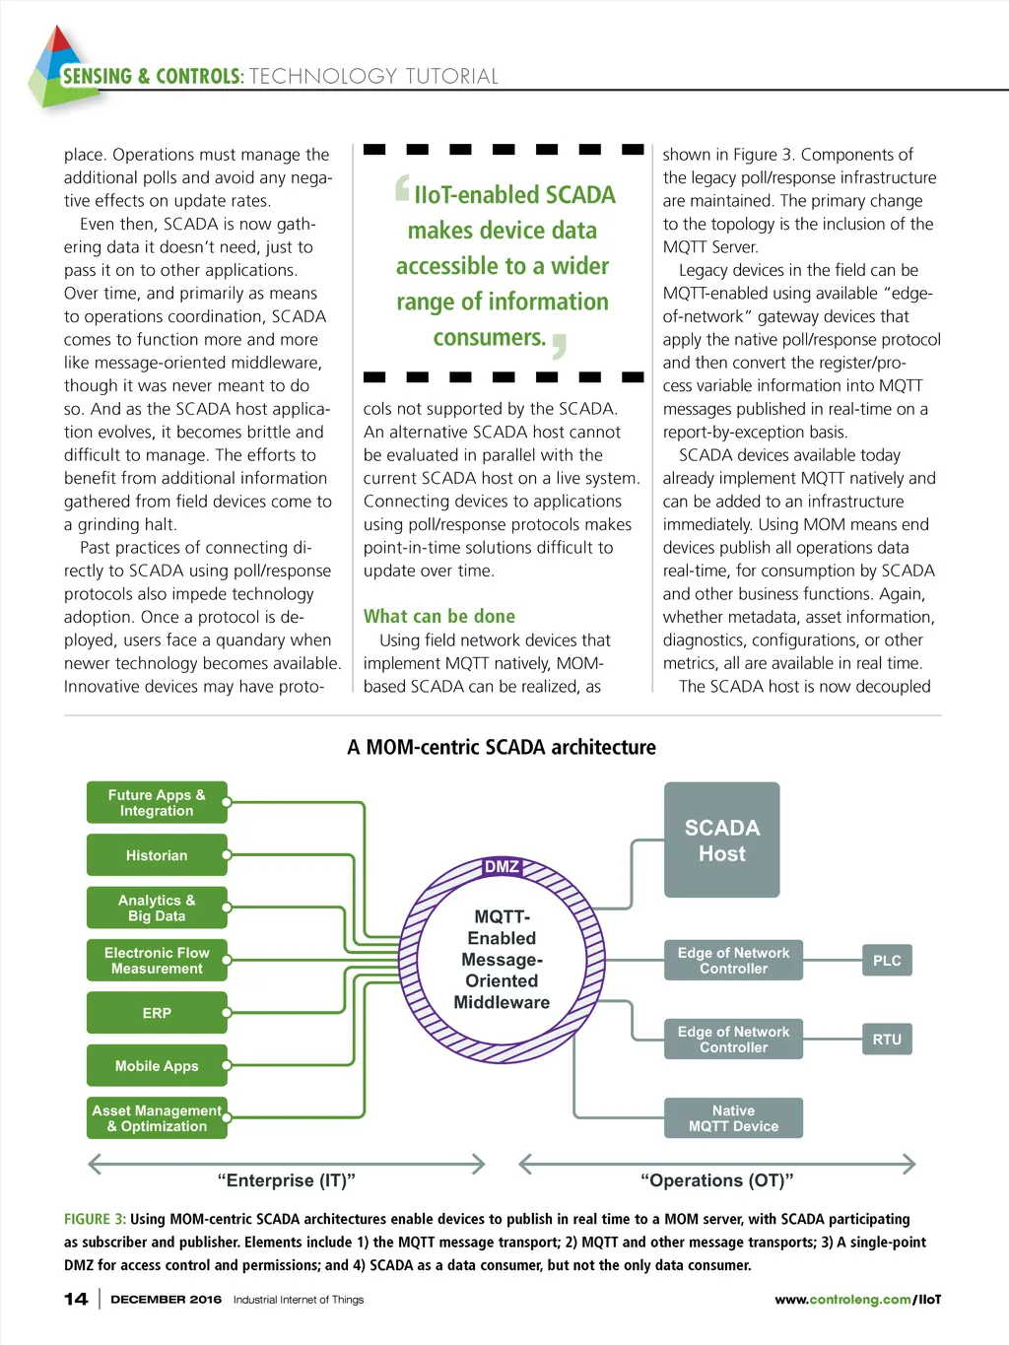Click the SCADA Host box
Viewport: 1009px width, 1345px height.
coord(721,840)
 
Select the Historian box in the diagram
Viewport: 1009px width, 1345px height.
coord(157,855)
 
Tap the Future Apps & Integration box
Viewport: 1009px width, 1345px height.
coord(157,802)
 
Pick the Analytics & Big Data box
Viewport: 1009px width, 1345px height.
coord(157,908)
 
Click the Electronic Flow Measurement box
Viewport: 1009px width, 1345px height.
coord(157,960)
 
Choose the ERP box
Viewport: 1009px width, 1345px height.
coord(157,1013)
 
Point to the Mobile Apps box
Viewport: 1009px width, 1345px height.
coord(157,1065)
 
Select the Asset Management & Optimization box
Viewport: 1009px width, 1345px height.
coord(157,1118)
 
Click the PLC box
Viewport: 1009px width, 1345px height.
coord(887,960)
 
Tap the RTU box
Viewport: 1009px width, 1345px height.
coord(887,1039)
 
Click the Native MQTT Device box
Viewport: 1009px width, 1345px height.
coord(733,1118)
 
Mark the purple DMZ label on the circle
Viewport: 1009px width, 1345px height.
coord(502,867)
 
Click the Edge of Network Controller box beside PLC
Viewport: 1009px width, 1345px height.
coord(733,960)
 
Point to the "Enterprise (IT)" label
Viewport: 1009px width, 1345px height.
coord(286,1180)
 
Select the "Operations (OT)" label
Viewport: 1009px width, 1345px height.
coord(717,1180)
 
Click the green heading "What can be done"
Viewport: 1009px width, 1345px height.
coord(439,617)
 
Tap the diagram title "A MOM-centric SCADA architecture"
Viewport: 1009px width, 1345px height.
coord(502,747)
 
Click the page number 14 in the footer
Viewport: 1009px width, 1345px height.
coord(76,1299)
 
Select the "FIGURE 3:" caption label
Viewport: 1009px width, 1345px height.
coord(95,1219)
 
